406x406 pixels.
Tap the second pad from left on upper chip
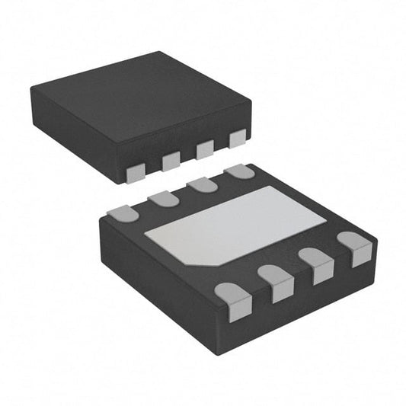point(171,160)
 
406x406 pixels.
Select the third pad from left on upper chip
point(205,149)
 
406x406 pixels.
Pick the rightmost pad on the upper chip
point(238,138)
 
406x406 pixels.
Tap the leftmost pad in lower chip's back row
point(124,213)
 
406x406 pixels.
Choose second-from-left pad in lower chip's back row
point(163,199)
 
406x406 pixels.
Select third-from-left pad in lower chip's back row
point(202,185)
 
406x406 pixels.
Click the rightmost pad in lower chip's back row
point(241,171)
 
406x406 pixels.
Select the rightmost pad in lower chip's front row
point(354,249)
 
